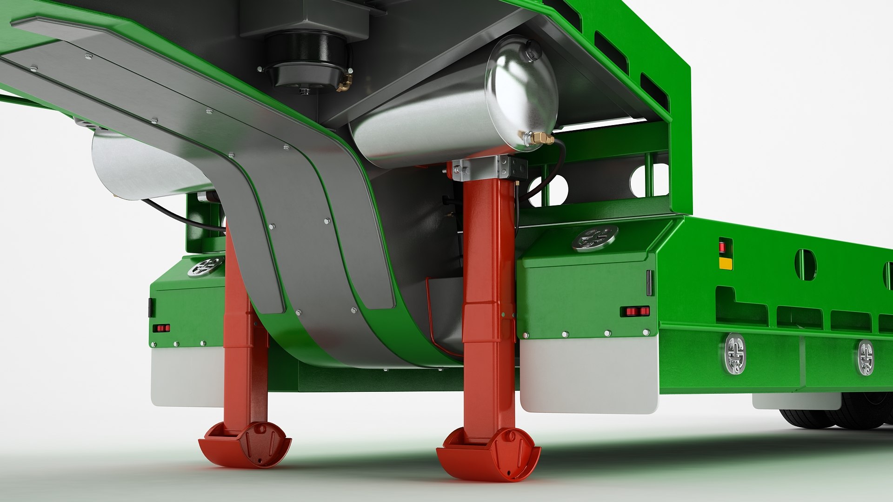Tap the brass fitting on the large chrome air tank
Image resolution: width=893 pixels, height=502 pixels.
coord(540,138)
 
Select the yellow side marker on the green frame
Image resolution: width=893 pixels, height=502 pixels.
coord(725,264)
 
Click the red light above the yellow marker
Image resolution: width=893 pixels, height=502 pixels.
coord(723,246)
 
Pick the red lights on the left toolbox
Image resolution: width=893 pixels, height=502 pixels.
coord(161,328)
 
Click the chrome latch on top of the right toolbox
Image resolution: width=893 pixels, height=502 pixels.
coord(594,238)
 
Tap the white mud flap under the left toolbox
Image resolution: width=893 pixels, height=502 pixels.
coord(186,376)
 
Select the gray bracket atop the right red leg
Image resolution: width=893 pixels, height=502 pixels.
coord(488,168)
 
